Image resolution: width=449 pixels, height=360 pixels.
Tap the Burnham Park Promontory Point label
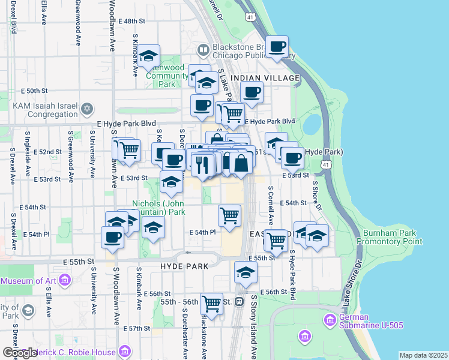(x=390, y=237)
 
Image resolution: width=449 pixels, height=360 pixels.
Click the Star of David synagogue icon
(x=88, y=109)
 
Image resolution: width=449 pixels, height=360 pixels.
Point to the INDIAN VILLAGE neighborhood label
(x=265, y=78)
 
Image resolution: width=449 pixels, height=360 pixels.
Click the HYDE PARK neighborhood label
(x=184, y=266)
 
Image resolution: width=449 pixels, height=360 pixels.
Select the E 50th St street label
(x=34, y=91)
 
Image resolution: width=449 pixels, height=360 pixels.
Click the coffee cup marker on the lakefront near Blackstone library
(x=277, y=47)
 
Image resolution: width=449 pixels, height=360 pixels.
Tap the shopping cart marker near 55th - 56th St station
(x=211, y=303)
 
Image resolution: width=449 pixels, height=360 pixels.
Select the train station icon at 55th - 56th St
(x=239, y=301)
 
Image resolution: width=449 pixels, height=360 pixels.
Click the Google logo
(x=19, y=353)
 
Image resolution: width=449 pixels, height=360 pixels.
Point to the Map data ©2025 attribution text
(x=423, y=355)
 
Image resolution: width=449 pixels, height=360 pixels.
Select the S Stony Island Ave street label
(x=254, y=327)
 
